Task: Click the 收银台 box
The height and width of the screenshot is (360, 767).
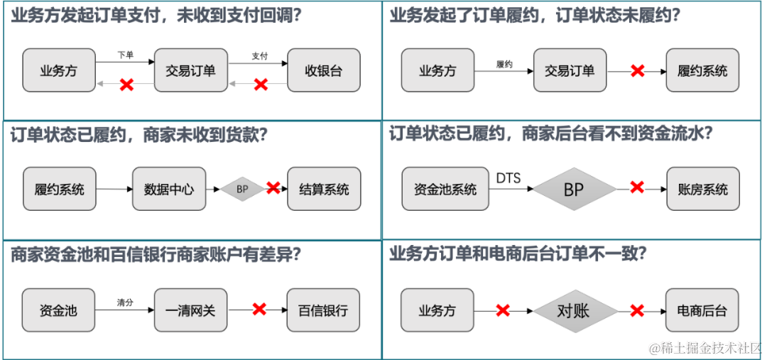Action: point(324,70)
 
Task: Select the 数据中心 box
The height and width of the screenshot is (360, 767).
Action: point(169,189)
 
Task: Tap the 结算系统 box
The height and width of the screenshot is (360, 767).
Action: point(324,189)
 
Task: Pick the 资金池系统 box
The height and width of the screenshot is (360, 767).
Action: point(445,189)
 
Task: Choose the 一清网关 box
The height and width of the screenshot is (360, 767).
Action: point(190,310)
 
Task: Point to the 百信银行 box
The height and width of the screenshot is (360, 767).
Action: point(323,310)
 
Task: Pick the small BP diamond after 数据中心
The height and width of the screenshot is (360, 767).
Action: point(242,189)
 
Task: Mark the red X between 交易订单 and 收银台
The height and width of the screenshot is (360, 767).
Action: point(261,84)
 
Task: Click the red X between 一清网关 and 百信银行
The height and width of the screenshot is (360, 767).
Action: point(259,309)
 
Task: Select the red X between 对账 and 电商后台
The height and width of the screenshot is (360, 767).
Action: point(637,310)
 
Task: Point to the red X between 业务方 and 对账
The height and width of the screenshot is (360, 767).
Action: point(504,310)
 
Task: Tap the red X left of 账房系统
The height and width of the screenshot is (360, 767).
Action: point(637,187)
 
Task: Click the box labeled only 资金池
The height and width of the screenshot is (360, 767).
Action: point(58,310)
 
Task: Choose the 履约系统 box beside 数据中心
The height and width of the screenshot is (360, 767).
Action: point(59,189)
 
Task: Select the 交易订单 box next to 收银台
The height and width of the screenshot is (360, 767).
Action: point(190,70)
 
